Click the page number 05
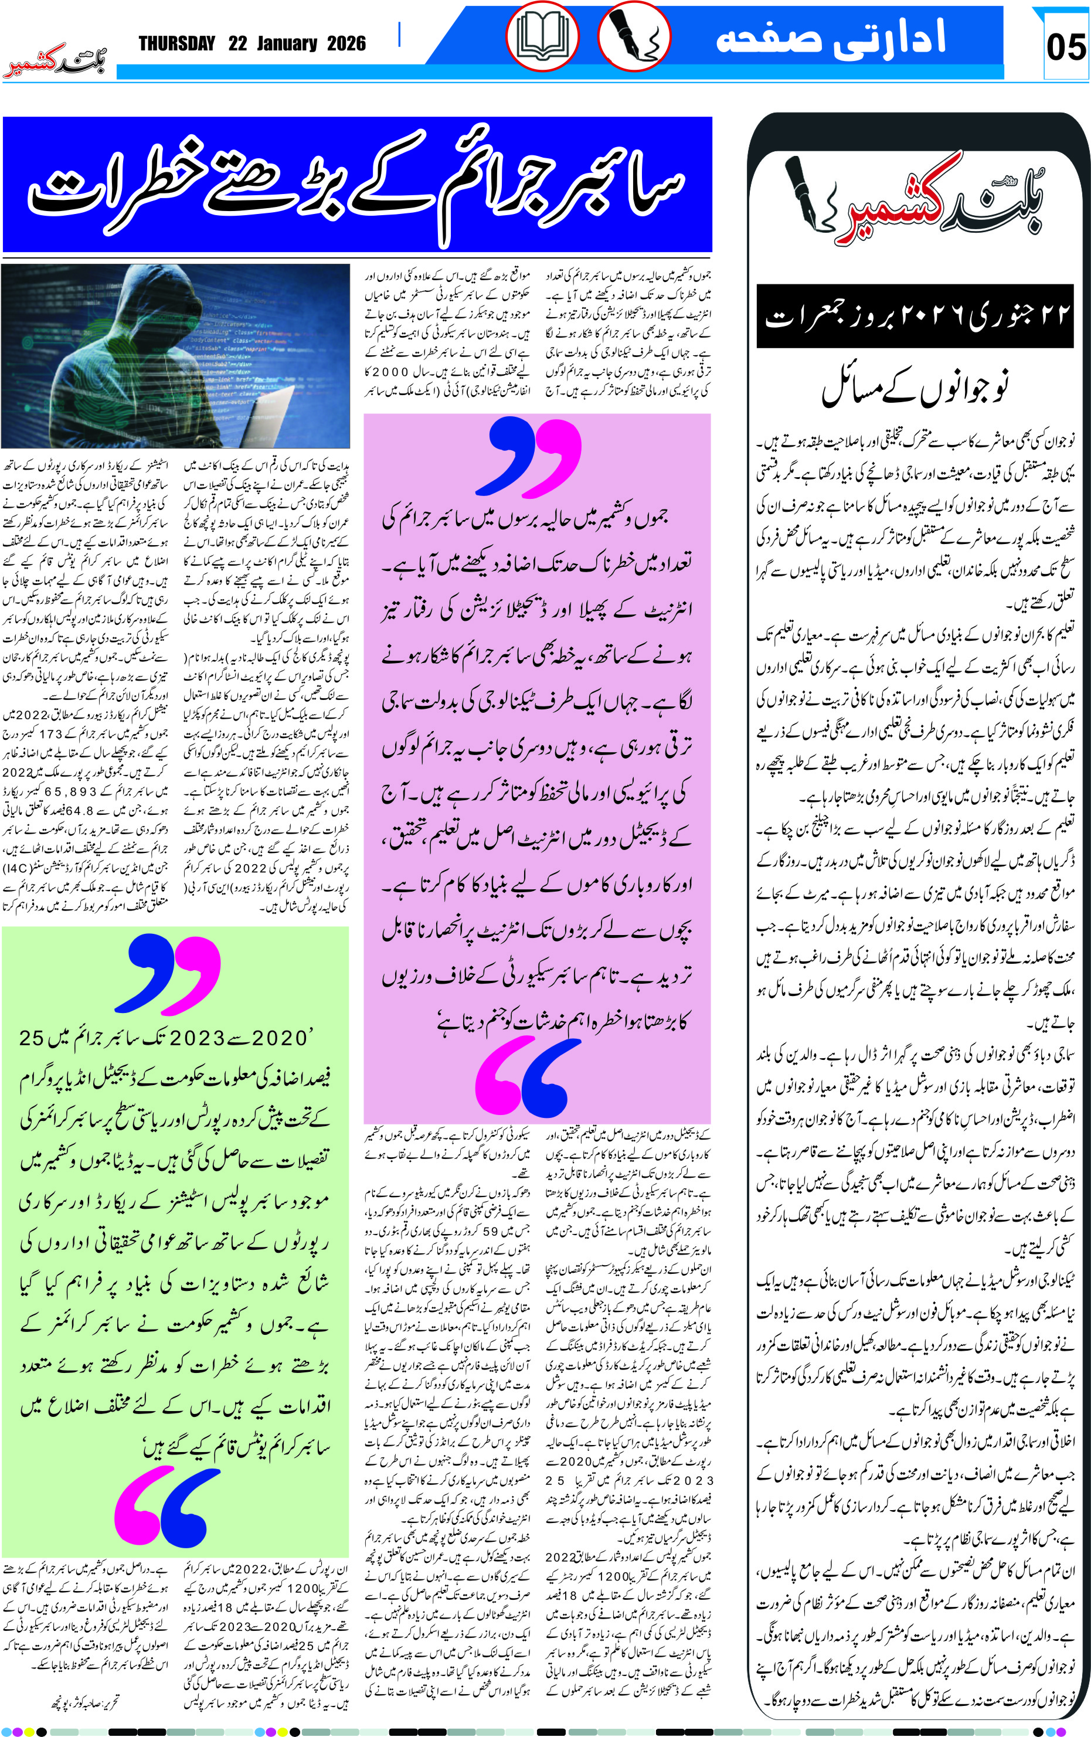click(x=1066, y=47)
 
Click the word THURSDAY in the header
click(x=177, y=44)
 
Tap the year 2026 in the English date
click(x=346, y=44)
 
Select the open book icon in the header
click(x=542, y=37)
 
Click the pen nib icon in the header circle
click(x=634, y=37)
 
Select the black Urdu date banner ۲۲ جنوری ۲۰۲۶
click(x=915, y=316)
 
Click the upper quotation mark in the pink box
click(x=534, y=456)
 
